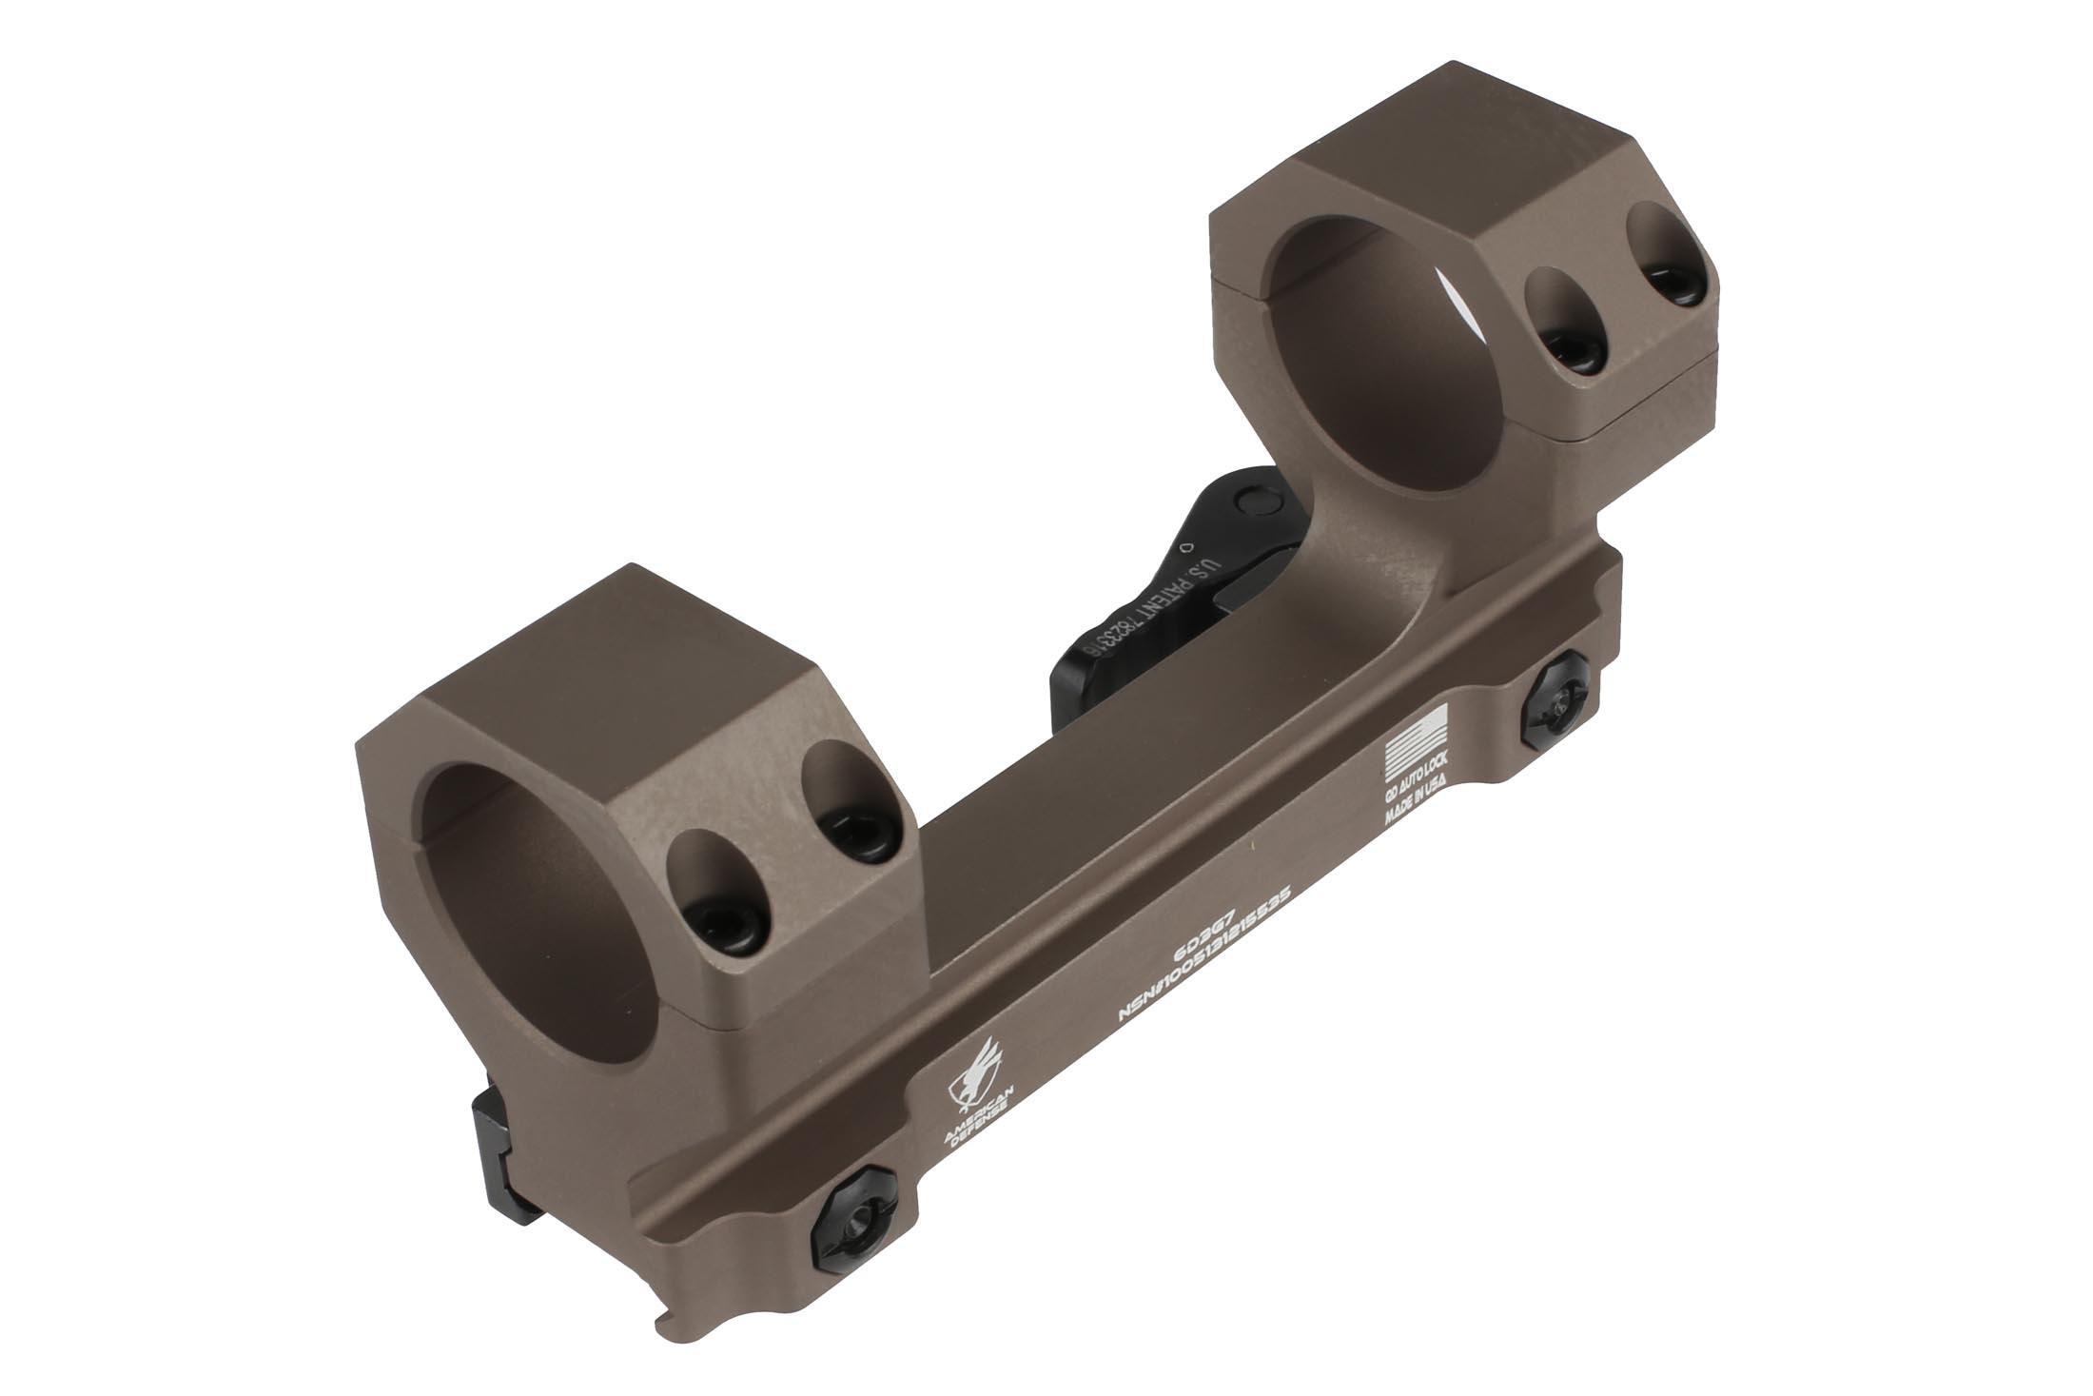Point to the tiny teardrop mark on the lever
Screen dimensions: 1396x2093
tap(1183, 547)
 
